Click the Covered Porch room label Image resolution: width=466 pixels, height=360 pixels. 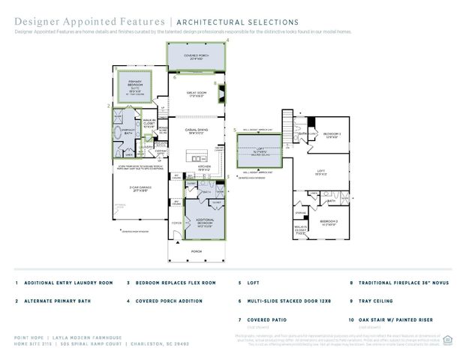click(x=197, y=56)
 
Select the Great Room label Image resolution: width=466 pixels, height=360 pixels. click(x=197, y=94)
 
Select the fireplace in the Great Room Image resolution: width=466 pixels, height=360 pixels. click(x=220, y=93)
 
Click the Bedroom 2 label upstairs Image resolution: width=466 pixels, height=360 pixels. click(x=332, y=136)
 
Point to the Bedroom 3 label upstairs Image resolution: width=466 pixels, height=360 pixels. click(x=329, y=222)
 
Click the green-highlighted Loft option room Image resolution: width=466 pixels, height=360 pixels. click(x=259, y=150)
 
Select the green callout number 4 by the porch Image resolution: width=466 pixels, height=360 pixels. click(x=227, y=40)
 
